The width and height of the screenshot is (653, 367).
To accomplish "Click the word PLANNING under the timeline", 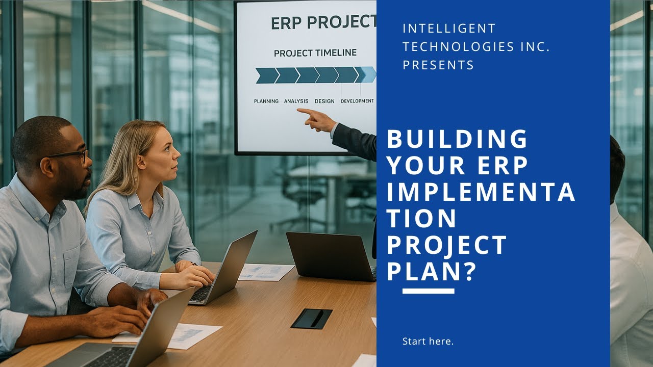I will (266, 101).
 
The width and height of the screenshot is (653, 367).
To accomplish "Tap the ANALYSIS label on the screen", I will (296, 101).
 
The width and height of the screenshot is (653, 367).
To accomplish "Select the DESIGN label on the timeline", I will (324, 101).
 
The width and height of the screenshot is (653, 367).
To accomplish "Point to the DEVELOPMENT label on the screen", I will (357, 101).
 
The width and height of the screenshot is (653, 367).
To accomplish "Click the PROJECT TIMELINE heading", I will (315, 53).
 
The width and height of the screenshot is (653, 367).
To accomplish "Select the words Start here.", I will (428, 342).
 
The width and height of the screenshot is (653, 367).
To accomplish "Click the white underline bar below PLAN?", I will (428, 292).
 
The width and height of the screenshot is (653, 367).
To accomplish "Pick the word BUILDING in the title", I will (457, 140).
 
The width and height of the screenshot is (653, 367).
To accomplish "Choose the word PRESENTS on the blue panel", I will (438, 65).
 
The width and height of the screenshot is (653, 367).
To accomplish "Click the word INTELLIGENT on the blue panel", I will (449, 29).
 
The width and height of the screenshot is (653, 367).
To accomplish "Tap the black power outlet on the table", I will (311, 319).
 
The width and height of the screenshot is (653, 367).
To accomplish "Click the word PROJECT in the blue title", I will (447, 245).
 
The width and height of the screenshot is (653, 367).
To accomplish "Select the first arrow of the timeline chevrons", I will (266, 75).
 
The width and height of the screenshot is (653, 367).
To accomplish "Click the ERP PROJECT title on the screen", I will (323, 23).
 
